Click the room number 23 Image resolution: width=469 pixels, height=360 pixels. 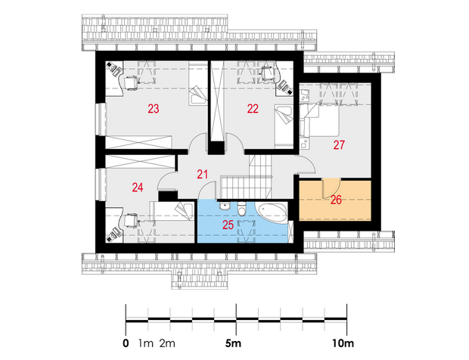154,109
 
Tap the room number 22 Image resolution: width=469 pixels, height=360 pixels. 253,109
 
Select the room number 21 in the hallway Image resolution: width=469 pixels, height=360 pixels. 203,174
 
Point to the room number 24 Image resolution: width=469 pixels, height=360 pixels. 138,188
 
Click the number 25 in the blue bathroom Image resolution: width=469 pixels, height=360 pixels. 228,225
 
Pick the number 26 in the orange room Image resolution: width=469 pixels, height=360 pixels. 336,200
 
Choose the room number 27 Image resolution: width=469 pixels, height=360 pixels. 339,145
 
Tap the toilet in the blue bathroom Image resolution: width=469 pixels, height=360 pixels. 241,209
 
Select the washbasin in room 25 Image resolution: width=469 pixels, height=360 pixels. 224,206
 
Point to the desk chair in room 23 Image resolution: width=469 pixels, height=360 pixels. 132,83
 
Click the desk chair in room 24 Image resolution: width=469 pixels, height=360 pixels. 131,220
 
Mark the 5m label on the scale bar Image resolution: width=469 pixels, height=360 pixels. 233,343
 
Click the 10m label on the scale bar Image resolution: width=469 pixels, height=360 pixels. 343,343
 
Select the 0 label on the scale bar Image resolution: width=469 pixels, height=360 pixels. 126,343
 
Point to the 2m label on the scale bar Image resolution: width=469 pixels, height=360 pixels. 167,343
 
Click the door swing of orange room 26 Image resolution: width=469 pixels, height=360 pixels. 331,188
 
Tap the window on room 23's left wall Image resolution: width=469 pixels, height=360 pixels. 101,119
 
